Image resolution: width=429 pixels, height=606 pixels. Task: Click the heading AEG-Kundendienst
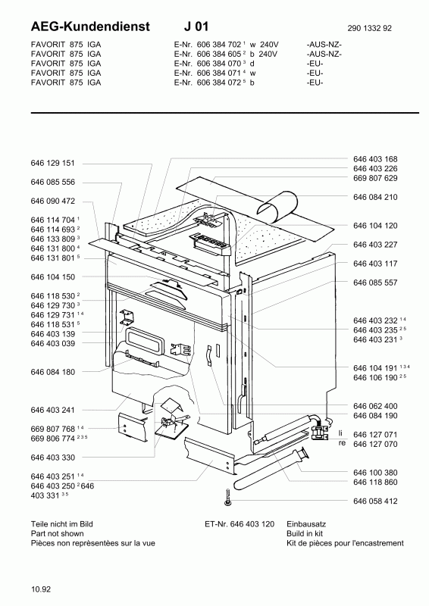pos(90,27)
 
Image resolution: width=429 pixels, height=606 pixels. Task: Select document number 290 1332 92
pos(369,28)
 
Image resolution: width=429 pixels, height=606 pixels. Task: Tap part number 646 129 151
pos(52,164)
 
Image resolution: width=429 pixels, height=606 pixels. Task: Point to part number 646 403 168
pos(375,159)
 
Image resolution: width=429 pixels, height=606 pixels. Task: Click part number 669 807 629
pos(375,178)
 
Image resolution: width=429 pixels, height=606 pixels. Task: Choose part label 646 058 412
pos(375,501)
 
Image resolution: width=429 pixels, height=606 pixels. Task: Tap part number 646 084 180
pos(52,372)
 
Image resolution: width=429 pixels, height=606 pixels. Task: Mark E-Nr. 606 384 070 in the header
pos(208,64)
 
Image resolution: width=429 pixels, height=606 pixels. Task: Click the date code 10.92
pos(41,589)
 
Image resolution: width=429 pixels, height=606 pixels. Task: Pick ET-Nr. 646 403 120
pos(240,524)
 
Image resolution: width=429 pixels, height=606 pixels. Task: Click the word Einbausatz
pos(306,524)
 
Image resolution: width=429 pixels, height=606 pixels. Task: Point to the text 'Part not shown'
pos(58,534)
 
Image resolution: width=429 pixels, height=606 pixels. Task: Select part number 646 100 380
pos(375,473)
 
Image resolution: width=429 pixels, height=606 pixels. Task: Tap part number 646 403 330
pos(52,458)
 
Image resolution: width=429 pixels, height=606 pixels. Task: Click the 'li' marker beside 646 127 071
pos(341,433)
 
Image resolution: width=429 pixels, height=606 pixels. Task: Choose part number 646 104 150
pos(52,277)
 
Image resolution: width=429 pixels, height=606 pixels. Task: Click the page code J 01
pos(196,27)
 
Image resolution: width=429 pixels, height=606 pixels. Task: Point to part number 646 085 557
pos(375,283)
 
